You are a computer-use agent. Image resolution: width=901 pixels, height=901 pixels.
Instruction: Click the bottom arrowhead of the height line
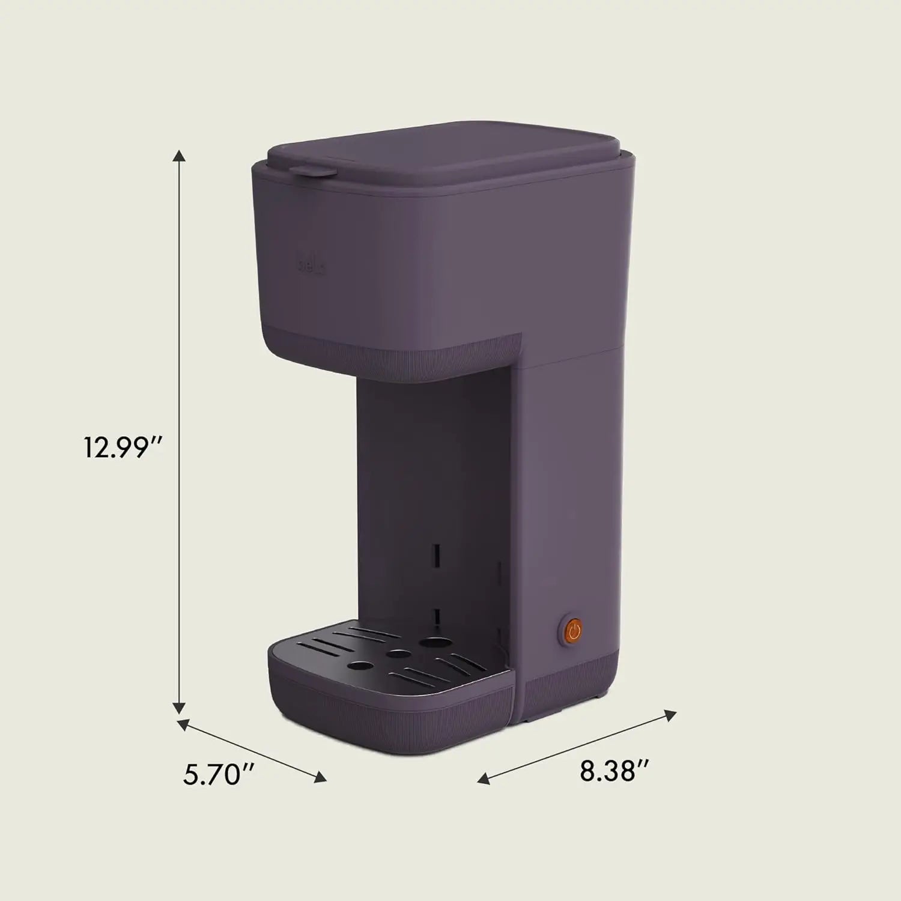tap(178, 709)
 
